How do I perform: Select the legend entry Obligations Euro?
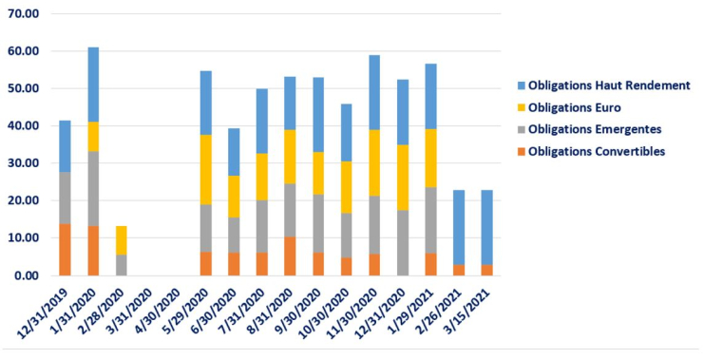575,107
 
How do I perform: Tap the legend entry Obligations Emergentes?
594,129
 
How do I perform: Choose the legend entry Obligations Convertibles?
597,151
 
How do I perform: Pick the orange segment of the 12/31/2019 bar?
65,250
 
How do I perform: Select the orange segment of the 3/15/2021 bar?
487,270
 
